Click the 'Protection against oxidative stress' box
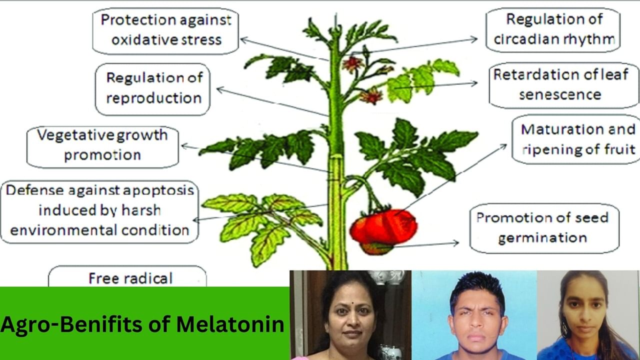click(x=165, y=30)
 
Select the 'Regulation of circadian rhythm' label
click(x=553, y=30)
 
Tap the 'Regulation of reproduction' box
click(x=153, y=88)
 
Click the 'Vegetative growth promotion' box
click(x=102, y=144)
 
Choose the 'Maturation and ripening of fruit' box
click(x=577, y=139)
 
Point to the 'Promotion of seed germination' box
click(x=544, y=227)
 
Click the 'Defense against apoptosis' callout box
click(x=99, y=210)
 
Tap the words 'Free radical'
click(x=130, y=278)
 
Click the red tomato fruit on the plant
click(x=384, y=227)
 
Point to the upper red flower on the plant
click(x=352, y=63)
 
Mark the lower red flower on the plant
click(x=371, y=95)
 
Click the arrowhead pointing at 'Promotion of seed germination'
click(x=455, y=243)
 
